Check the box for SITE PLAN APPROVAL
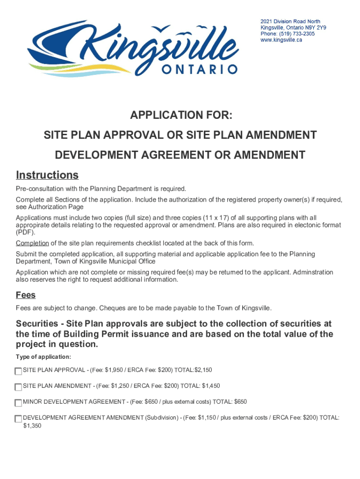tap(18, 371)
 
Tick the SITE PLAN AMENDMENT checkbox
tap(18, 387)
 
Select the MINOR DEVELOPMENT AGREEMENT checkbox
tap(18, 403)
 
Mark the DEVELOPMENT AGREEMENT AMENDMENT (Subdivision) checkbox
tap(18, 419)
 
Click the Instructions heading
tap(47, 175)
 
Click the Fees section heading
tap(26, 296)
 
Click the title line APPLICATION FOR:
tap(180, 116)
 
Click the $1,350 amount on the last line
tap(32, 426)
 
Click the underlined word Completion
tap(32, 243)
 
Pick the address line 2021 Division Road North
tap(290, 22)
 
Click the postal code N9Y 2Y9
tap(316, 28)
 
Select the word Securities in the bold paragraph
tap(38, 324)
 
